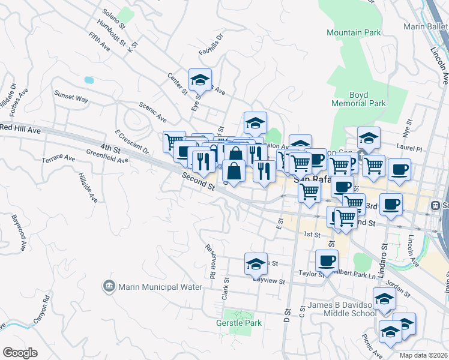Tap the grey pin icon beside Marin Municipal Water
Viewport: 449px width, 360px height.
[x=109, y=286]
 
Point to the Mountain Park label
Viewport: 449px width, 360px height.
[x=353, y=32]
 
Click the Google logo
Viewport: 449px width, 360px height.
[x=20, y=353]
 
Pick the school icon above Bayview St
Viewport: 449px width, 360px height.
[x=256, y=263]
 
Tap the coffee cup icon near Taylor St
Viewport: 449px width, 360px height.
[x=327, y=260]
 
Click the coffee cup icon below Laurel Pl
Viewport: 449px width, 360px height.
[x=399, y=169]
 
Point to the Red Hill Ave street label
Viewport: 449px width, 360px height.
[x=20, y=128]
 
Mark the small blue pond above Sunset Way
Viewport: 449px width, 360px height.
[x=89, y=79]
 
